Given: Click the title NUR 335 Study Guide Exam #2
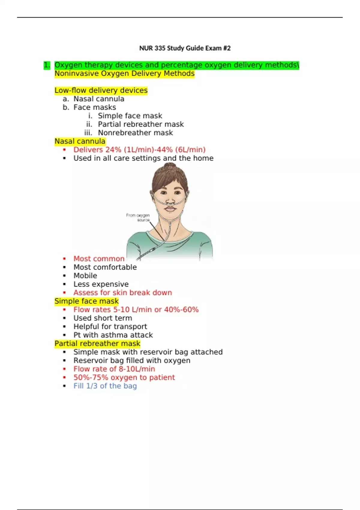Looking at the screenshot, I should point(185,48).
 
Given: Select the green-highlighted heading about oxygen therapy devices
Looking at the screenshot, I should point(177,65).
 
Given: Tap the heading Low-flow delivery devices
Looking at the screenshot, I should point(101,90).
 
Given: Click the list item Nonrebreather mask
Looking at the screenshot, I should point(135,133).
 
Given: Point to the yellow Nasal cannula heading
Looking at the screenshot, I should point(80,141).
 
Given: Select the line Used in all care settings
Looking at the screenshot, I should point(143,158).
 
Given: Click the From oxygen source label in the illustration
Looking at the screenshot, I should point(138,217).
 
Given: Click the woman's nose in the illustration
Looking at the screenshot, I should point(170,201).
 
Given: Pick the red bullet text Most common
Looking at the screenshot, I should point(99,259).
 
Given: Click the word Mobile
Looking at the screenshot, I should point(85,276).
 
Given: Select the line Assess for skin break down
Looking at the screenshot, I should point(123,292).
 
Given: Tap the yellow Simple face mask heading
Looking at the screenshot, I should point(86,301).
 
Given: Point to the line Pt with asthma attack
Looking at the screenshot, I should point(113,335).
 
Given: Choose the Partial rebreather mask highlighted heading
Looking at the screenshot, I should point(97,343).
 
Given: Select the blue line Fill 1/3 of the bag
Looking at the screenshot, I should point(105,386).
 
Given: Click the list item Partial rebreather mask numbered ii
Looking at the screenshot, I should point(141,124).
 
